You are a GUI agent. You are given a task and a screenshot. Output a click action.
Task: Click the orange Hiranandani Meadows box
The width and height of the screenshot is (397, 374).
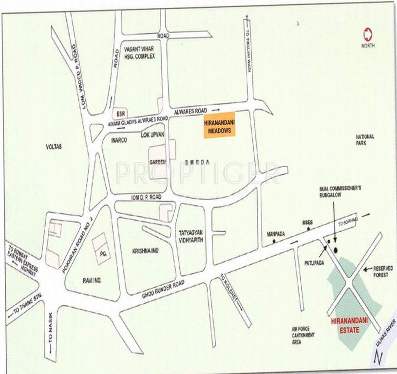pyautogui.click(x=218, y=129)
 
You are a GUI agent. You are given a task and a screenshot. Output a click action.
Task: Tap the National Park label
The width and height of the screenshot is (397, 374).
pyautogui.click(x=365, y=140)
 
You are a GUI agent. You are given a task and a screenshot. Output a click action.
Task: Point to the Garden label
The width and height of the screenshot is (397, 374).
pyautogui.click(x=157, y=161)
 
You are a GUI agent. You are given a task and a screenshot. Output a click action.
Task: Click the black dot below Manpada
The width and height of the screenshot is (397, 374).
pyautogui.click(x=274, y=241)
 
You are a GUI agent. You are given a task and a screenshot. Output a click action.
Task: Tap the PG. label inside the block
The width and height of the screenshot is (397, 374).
pyautogui.click(x=103, y=254)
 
